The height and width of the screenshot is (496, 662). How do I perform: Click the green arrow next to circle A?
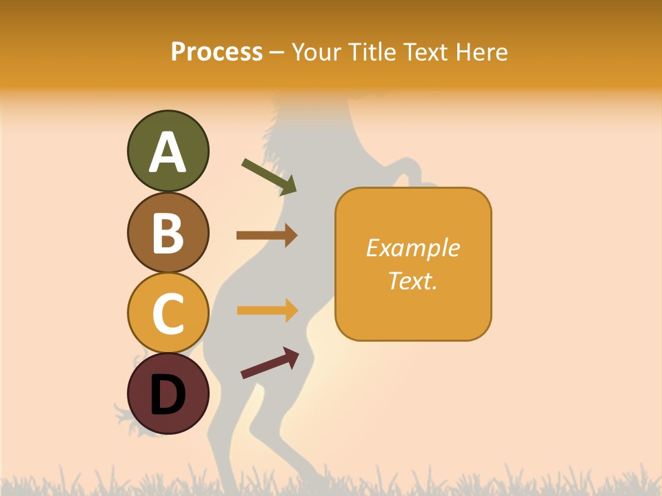(x=269, y=176)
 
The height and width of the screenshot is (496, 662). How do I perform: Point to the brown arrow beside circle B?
(x=267, y=236)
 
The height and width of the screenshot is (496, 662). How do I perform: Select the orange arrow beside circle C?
(x=267, y=310)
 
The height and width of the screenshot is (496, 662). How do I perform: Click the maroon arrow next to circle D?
(x=270, y=363)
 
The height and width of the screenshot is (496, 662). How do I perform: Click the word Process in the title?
(x=217, y=52)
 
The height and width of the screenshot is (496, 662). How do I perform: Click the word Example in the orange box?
(x=412, y=248)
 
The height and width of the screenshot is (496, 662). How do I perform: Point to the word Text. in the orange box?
(x=412, y=280)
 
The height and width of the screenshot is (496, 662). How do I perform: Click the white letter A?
(x=168, y=152)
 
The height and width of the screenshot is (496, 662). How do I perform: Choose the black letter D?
(x=168, y=395)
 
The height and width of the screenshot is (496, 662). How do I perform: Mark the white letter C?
(x=168, y=313)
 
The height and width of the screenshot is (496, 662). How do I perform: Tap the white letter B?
(x=168, y=233)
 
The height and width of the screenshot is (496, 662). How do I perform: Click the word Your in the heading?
(x=316, y=52)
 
